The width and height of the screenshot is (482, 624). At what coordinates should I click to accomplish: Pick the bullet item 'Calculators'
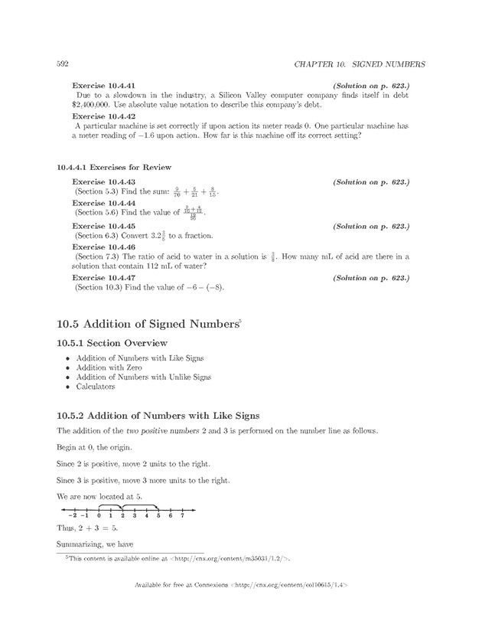point(96,387)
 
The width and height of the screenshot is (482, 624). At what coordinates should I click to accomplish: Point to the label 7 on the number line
point(181,516)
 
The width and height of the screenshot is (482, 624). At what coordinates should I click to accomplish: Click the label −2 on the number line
point(70,516)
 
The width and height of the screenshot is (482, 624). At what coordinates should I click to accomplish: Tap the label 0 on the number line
point(99,516)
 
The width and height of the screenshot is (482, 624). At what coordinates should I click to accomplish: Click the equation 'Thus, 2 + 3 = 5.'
point(87,528)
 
